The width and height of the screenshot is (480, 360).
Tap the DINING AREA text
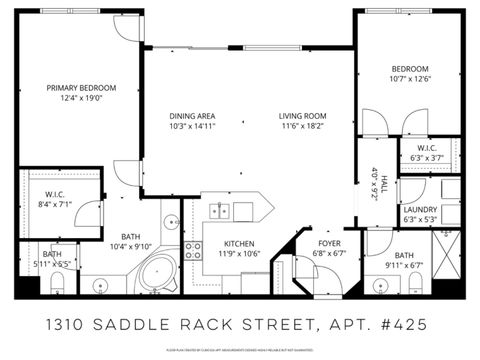[192, 116]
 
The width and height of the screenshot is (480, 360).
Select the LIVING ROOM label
[303, 116]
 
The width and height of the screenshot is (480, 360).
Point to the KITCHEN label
[239, 244]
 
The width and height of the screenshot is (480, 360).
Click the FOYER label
[330, 244]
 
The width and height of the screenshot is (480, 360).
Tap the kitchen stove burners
[194, 249]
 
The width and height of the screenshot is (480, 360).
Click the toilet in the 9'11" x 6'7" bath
[413, 288]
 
